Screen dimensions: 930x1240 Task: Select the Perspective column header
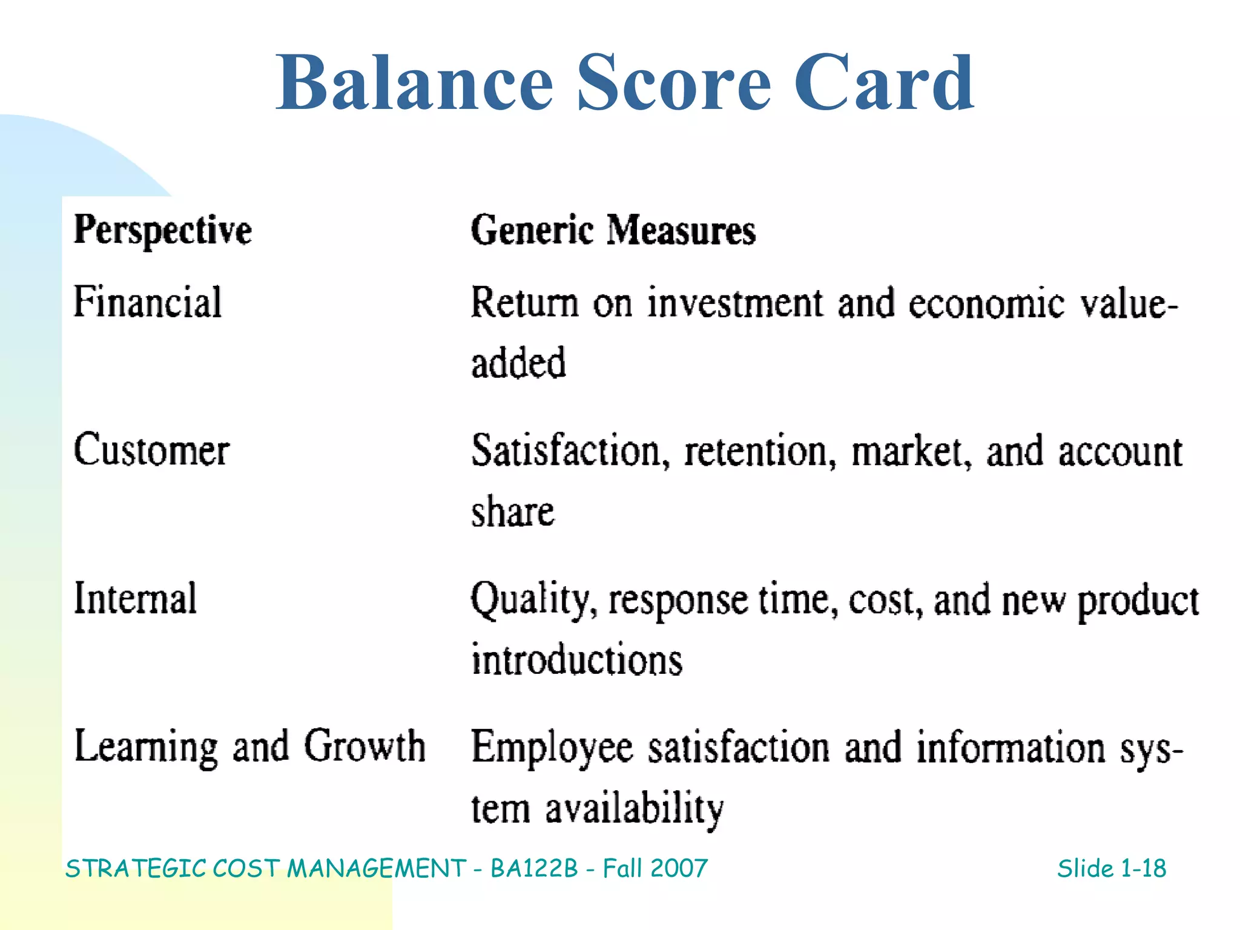[x=162, y=231]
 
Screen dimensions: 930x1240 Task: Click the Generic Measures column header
[x=613, y=231]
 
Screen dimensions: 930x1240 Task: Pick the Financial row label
[x=147, y=302]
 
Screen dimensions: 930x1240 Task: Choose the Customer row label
[x=151, y=450]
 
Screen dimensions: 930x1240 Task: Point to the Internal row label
[x=135, y=598]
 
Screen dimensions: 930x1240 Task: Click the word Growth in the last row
[x=364, y=746]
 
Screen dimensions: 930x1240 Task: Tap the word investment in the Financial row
[x=735, y=303]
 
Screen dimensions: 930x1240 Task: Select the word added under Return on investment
[x=518, y=363]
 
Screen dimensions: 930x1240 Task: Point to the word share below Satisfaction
[x=512, y=512]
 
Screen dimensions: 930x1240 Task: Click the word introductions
[x=576, y=659]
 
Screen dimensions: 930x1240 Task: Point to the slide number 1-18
[x=1143, y=869]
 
